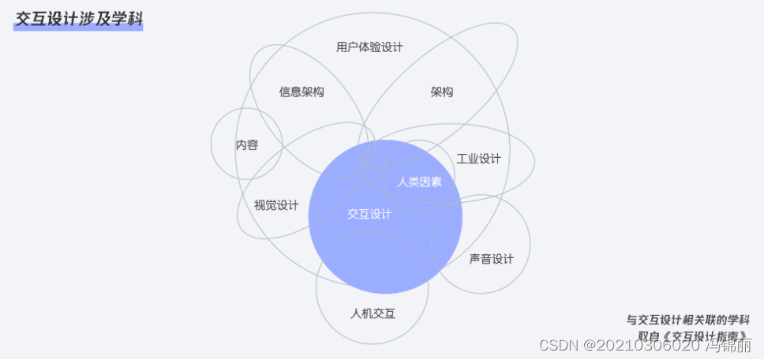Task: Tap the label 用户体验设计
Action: tap(369, 47)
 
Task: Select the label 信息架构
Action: tap(301, 92)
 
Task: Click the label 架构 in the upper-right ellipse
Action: tap(442, 92)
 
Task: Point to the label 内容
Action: tap(247, 145)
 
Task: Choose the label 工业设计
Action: tap(478, 159)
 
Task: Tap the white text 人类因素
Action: tap(419, 182)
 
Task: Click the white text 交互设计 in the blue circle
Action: tap(369, 214)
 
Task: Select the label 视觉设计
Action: tap(276, 205)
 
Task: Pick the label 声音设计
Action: tap(491, 258)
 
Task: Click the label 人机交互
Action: tap(373, 313)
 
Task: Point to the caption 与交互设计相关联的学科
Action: tap(687, 320)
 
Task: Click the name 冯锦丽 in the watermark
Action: tap(727, 345)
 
